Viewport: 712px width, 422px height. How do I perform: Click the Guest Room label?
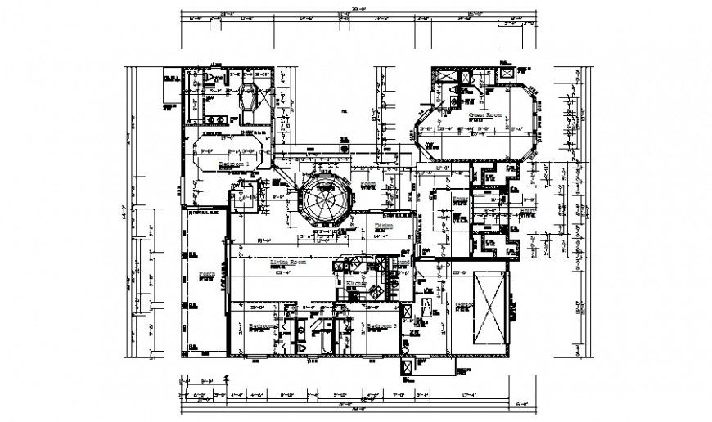pyautogui.click(x=484, y=116)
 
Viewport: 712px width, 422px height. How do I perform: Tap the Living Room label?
pyautogui.click(x=287, y=263)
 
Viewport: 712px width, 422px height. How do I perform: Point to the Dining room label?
pyautogui.click(x=385, y=225)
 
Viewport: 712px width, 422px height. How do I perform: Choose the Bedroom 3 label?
pyautogui.click(x=381, y=326)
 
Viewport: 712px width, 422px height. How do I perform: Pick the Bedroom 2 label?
pyautogui.click(x=264, y=326)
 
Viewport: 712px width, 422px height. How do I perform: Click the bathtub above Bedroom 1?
pyautogui.click(x=247, y=101)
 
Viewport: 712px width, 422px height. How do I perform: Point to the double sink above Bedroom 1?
pyautogui.click(x=214, y=119)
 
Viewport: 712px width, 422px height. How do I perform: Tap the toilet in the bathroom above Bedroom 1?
pyautogui.click(x=210, y=78)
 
